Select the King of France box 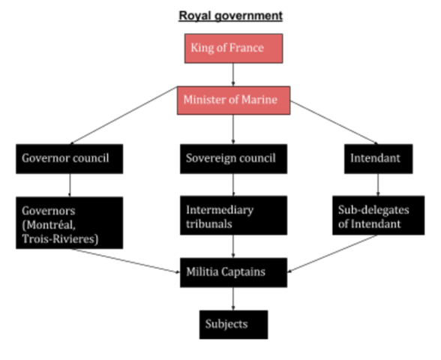pos(234,49)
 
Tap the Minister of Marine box pos(234,100)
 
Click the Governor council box pos(69,158)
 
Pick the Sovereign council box pos(233,158)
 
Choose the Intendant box pos(377,158)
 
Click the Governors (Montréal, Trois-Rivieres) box pos(69,221)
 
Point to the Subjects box pos(233,324)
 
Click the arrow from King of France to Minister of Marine pos(234,74)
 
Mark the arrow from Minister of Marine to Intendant pos(334,120)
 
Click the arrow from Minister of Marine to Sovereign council pos(234,129)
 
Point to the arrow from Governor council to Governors pos(69,184)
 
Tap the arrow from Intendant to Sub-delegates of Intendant pos(377,184)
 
